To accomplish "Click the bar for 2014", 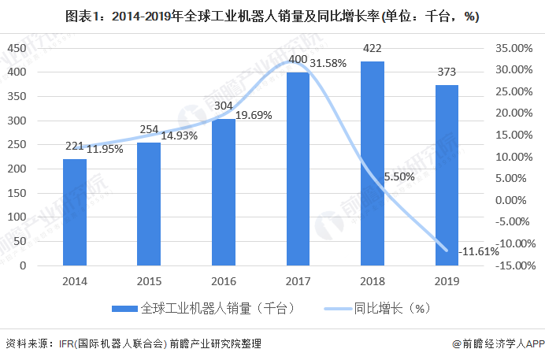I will (x=75, y=212).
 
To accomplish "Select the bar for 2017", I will (x=298, y=169).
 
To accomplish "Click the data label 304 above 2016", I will (x=224, y=106).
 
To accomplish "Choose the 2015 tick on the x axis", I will (x=149, y=281).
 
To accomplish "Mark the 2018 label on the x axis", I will (x=372, y=281).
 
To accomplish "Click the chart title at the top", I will (x=272, y=16).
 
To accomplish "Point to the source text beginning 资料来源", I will (x=133, y=344).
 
